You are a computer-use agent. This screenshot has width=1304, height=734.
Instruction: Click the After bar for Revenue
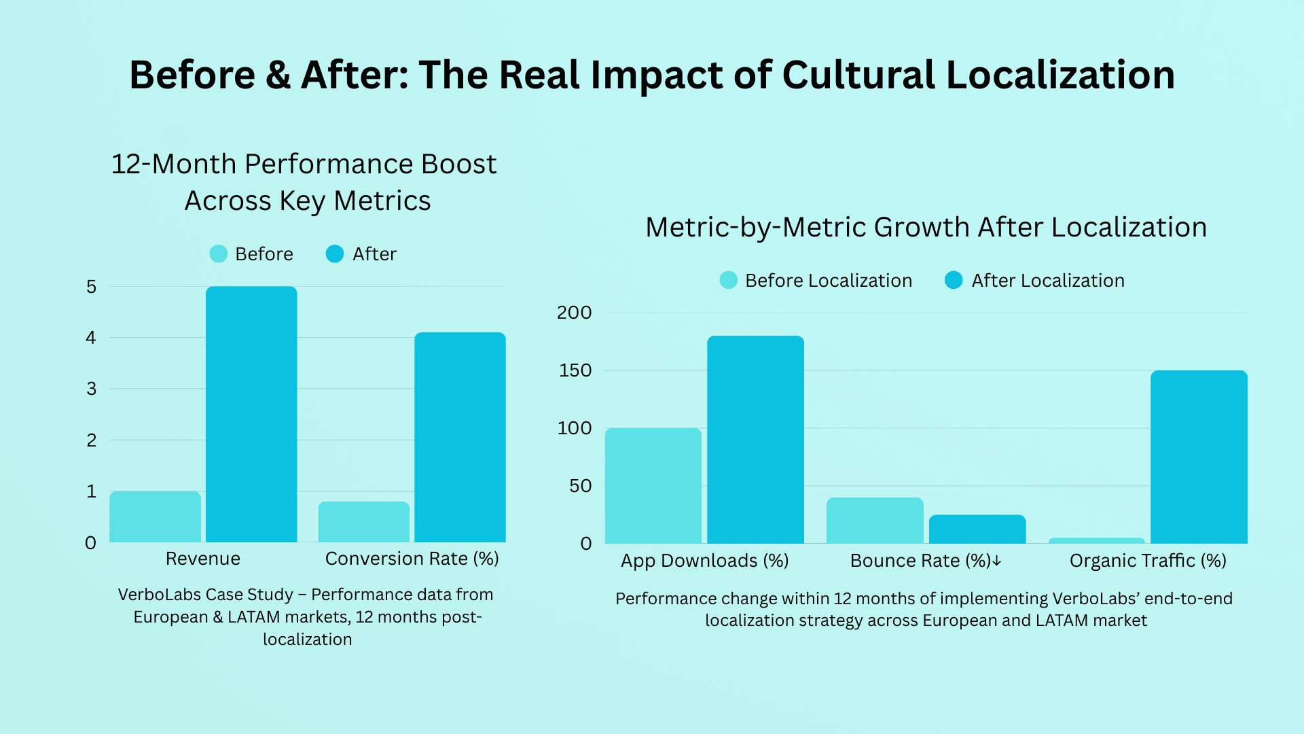click(x=251, y=415)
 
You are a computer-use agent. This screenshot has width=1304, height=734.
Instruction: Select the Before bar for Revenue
click(x=155, y=517)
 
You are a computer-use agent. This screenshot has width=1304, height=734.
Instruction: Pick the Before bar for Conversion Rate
click(x=364, y=522)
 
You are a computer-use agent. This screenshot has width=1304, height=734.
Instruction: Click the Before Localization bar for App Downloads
click(x=653, y=485)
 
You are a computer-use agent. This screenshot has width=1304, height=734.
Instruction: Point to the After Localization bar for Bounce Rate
click(x=977, y=529)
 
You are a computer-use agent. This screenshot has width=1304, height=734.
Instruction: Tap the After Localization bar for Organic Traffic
click(x=1199, y=457)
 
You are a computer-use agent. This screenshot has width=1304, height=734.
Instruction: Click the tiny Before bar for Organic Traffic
click(x=1096, y=541)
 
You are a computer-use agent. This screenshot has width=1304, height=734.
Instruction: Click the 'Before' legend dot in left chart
click(x=219, y=254)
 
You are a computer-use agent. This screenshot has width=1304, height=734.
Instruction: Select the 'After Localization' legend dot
click(x=954, y=280)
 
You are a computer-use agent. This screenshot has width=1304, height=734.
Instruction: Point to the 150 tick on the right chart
click(x=575, y=370)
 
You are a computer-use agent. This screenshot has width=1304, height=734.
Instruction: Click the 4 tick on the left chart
click(x=91, y=338)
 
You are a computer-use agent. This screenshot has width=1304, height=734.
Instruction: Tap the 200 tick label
click(x=575, y=313)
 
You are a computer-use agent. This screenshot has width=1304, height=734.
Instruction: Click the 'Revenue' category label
click(x=203, y=559)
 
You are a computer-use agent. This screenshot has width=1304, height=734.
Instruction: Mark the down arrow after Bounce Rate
click(x=996, y=561)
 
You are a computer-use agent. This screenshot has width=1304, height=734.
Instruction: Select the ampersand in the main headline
click(x=278, y=75)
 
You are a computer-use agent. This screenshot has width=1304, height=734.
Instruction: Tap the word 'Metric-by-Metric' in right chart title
click(x=755, y=227)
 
